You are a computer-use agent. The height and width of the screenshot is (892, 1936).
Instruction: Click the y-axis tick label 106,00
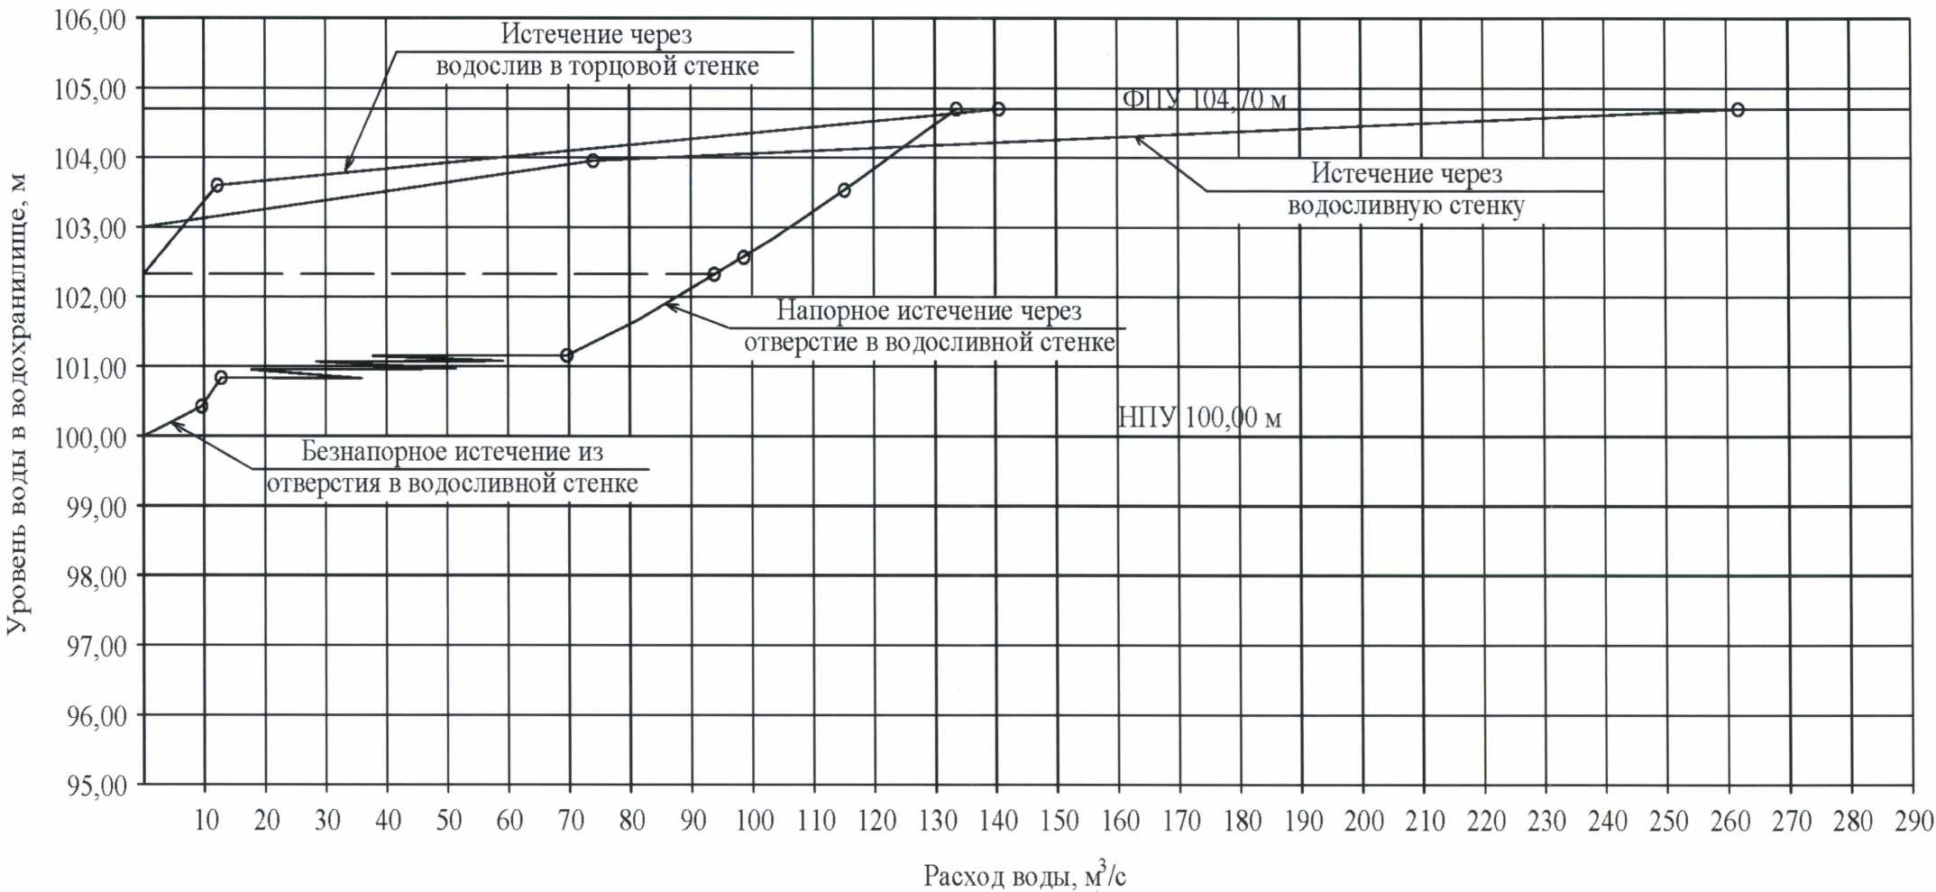(x=89, y=20)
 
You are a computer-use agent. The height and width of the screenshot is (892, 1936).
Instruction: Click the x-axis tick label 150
(x=1060, y=821)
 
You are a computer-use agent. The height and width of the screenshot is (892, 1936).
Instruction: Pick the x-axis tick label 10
(x=206, y=820)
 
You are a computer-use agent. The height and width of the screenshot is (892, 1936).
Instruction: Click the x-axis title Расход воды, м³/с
(x=1024, y=875)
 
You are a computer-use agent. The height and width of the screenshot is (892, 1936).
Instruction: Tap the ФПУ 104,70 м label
(x=1204, y=99)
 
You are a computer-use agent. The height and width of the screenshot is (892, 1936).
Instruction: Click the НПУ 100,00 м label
(x=1199, y=418)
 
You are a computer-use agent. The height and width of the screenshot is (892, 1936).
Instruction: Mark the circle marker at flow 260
(x=1738, y=110)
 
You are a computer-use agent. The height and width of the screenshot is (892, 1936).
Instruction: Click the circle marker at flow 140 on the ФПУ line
(x=998, y=109)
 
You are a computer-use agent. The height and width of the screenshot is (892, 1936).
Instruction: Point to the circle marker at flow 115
(x=844, y=190)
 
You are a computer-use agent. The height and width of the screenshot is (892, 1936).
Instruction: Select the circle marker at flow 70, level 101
(x=566, y=355)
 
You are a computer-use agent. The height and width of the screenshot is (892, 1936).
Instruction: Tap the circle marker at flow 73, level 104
(x=592, y=161)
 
